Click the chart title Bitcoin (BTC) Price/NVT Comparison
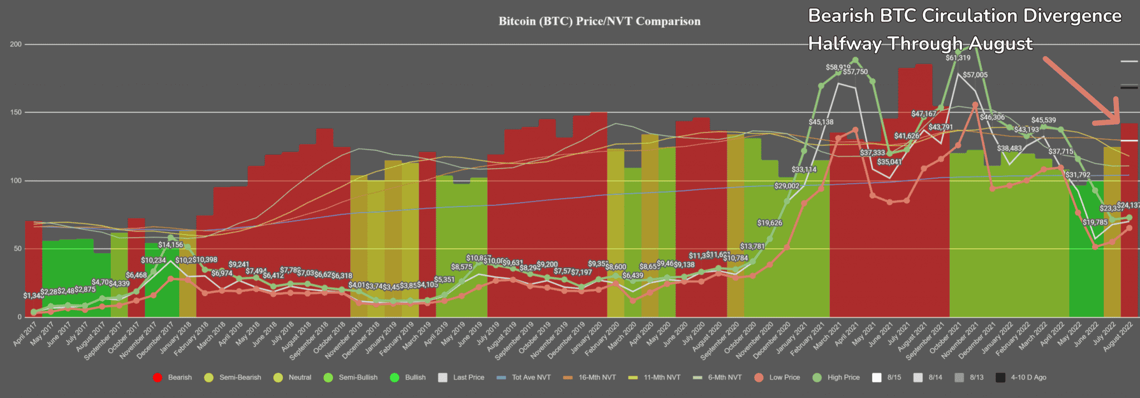tap(599, 22)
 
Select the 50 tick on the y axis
tap(17, 249)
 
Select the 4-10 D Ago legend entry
tap(1028, 377)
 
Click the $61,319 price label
tap(957, 58)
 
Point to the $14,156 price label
tap(170, 245)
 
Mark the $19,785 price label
tap(1095, 223)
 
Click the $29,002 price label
tap(787, 186)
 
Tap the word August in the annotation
tap(1001, 43)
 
